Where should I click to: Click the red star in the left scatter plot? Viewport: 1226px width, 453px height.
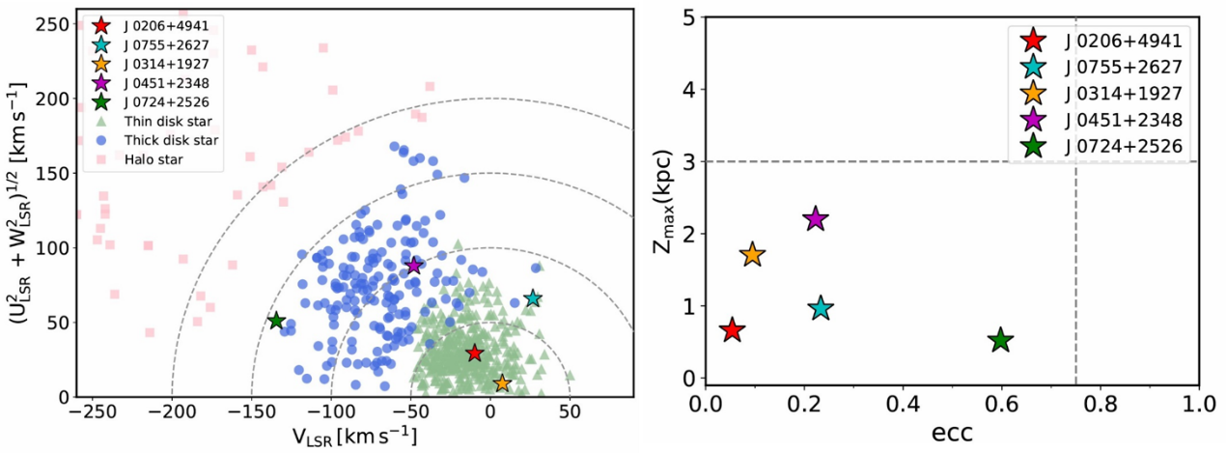click(x=474, y=354)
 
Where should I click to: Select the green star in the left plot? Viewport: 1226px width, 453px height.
click(x=276, y=321)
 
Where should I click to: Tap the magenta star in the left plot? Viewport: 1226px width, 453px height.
click(x=414, y=266)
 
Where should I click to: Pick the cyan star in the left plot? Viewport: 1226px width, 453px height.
click(x=533, y=299)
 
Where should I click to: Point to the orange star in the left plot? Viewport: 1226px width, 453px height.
click(x=502, y=383)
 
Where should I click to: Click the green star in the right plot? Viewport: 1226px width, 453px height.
click(x=1001, y=340)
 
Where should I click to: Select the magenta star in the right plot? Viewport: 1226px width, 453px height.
click(x=816, y=219)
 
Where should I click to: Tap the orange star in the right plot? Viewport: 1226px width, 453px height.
click(x=753, y=255)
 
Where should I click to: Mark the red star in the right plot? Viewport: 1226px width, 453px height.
click(x=733, y=330)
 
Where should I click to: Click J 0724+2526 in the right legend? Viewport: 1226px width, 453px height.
click(x=1122, y=147)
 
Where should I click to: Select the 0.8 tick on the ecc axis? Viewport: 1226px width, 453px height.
click(x=1100, y=400)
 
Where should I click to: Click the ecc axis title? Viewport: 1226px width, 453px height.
click(x=952, y=430)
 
